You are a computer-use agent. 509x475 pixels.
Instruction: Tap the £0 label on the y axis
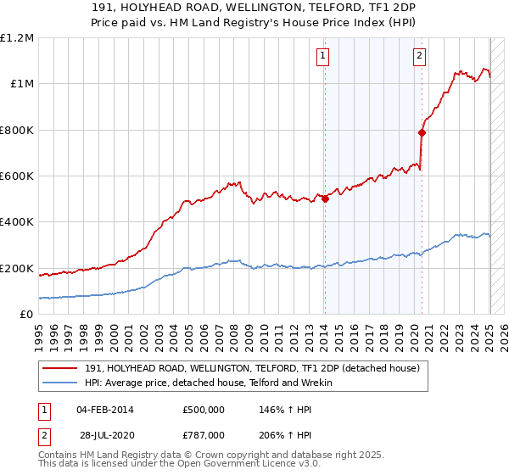(27, 315)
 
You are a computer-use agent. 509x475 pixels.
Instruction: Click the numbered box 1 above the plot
(324, 57)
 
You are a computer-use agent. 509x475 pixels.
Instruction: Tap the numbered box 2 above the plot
(420, 57)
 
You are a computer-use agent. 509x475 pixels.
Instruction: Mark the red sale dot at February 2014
(325, 199)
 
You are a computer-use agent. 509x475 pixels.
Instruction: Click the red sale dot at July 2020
(422, 132)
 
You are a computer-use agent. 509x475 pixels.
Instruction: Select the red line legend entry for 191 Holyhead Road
(245, 368)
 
